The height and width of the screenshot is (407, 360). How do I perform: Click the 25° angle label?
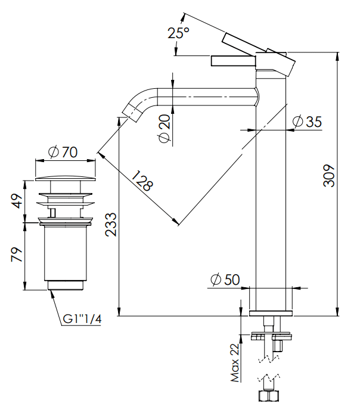(178, 33)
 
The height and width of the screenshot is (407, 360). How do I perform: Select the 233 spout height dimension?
(111, 225)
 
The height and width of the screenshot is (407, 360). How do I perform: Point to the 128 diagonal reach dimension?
(142, 181)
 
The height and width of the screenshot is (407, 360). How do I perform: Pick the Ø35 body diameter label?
(308, 122)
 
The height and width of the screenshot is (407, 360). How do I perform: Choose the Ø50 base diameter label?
(225, 279)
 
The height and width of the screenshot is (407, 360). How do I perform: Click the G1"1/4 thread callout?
(82, 320)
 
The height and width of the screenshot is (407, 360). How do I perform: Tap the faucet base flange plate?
(271, 313)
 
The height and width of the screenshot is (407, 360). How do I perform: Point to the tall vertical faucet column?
(271, 197)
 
